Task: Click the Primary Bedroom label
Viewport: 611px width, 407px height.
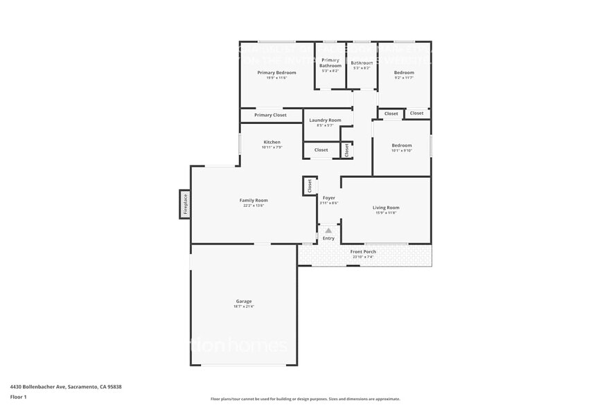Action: tap(276, 73)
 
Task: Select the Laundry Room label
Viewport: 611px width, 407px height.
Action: tap(325, 120)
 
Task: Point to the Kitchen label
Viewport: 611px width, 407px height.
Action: tap(272, 142)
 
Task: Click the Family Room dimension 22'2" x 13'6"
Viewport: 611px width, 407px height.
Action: tap(254, 206)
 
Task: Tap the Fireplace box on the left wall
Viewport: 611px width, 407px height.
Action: tap(185, 203)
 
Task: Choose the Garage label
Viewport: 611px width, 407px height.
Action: tap(244, 301)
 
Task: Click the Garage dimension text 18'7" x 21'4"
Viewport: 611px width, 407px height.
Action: tap(244, 307)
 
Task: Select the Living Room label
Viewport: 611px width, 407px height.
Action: tap(386, 208)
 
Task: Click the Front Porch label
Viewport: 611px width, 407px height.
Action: tap(363, 251)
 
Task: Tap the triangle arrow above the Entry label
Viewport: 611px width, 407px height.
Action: tap(328, 230)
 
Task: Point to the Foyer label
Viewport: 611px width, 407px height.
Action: tap(329, 198)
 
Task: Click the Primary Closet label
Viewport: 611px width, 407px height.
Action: tap(270, 115)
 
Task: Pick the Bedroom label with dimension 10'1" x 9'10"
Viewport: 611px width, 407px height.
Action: tap(402, 145)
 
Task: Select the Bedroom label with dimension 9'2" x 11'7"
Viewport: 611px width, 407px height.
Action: tap(404, 73)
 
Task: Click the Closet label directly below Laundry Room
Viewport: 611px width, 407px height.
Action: tap(321, 150)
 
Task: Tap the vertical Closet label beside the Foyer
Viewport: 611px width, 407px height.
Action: tap(310, 186)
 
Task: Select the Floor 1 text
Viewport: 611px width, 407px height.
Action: tap(19, 397)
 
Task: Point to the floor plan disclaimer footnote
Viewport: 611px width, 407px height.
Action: tap(305, 399)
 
